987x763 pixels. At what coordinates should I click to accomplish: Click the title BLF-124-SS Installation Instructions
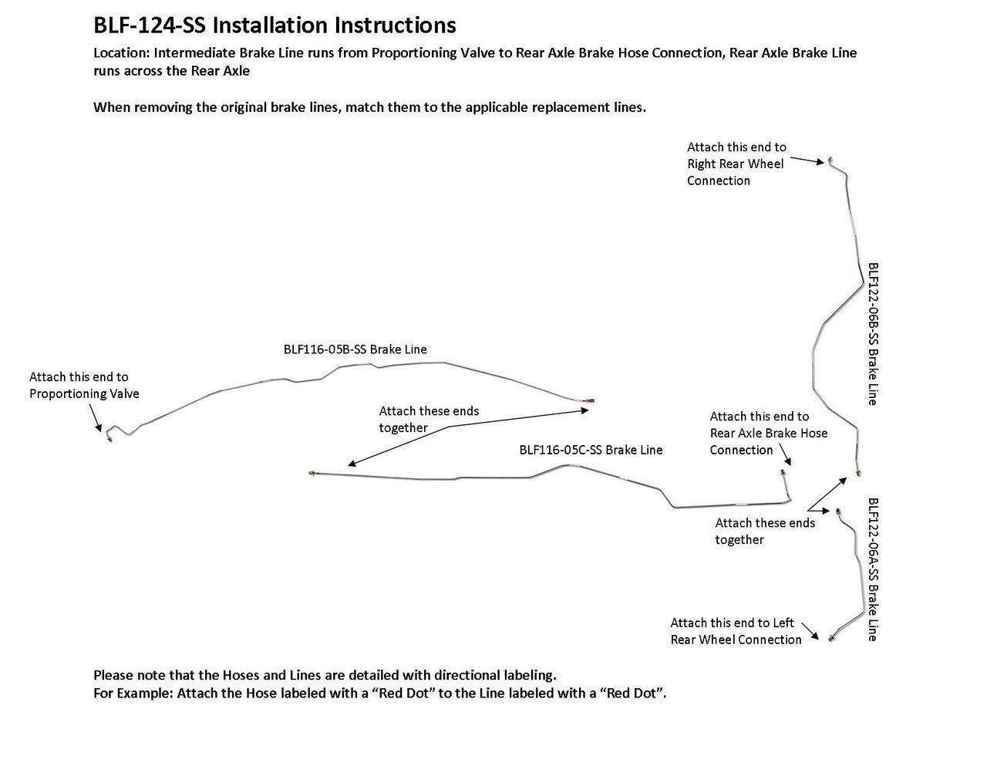click(275, 25)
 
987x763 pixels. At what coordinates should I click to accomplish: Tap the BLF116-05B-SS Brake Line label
click(355, 349)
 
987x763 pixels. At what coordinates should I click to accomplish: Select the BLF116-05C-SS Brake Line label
click(591, 450)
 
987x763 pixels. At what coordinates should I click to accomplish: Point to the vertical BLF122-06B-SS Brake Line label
click(873, 333)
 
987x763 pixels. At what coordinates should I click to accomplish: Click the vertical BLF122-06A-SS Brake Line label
click(873, 569)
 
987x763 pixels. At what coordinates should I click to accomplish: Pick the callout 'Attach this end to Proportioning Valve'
click(84, 385)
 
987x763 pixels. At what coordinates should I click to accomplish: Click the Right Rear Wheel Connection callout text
click(736, 164)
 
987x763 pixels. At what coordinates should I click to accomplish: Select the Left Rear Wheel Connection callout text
click(736, 631)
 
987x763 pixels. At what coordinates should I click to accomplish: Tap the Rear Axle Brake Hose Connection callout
click(768, 433)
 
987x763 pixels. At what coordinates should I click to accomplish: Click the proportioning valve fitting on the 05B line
click(109, 437)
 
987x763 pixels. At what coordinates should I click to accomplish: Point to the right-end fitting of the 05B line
click(591, 401)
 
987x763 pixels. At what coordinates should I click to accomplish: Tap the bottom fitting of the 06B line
click(859, 473)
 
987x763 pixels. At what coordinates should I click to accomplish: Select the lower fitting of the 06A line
click(830, 639)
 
